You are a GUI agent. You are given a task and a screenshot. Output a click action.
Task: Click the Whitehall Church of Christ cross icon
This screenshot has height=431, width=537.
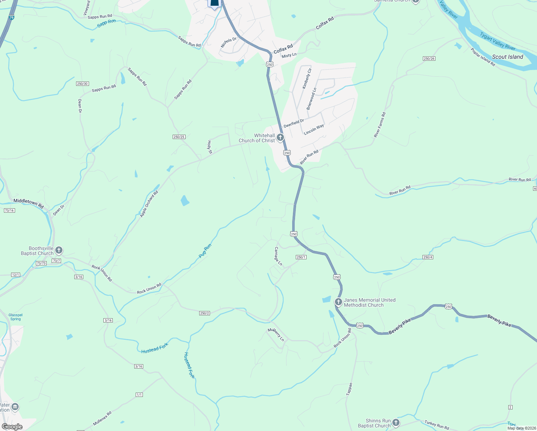pyautogui.click(x=280, y=137)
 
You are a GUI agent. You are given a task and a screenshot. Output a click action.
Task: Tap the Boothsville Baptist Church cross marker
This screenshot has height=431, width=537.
pyautogui.click(x=59, y=250)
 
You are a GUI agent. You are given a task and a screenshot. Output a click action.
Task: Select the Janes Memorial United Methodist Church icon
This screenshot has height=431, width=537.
pyautogui.click(x=338, y=302)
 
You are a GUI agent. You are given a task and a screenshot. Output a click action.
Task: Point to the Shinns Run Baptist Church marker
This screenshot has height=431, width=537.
pyautogui.click(x=396, y=422)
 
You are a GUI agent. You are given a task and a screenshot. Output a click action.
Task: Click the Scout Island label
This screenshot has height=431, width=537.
pyautogui.click(x=507, y=57)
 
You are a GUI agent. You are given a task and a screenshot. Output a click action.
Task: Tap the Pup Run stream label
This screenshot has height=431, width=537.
pyautogui.click(x=205, y=251)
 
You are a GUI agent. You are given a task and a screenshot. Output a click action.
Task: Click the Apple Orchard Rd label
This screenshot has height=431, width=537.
pyautogui.click(x=149, y=204)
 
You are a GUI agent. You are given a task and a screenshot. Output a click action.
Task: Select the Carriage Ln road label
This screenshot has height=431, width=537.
pyautogui.click(x=278, y=256)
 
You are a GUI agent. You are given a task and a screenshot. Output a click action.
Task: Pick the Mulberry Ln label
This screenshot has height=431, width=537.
pyautogui.click(x=276, y=334)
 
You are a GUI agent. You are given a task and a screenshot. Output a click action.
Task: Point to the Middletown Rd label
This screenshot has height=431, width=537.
pyautogui.click(x=28, y=204)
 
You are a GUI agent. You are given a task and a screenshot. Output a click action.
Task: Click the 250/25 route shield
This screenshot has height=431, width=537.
pyautogui.click(x=179, y=137)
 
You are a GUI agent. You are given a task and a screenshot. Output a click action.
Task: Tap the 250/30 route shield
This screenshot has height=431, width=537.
pyautogui.click(x=82, y=84)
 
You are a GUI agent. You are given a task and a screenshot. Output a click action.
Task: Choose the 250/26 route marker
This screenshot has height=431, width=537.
pyautogui.click(x=429, y=59)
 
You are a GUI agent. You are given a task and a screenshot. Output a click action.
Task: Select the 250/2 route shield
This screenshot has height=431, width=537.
pyautogui.click(x=204, y=313)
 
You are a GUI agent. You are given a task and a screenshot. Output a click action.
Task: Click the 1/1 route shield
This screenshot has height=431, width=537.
pyautogui.click(x=139, y=395)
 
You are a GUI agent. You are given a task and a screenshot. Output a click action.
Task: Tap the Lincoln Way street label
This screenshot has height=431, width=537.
pyautogui.click(x=314, y=129)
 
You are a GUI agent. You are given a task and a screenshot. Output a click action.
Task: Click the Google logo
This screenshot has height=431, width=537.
pyautogui.click(x=12, y=426)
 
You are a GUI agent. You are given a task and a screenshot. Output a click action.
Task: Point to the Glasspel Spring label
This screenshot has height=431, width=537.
pyautogui.click(x=15, y=317)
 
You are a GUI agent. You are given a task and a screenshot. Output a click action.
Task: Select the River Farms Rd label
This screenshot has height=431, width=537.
pyautogui.click(x=379, y=125)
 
